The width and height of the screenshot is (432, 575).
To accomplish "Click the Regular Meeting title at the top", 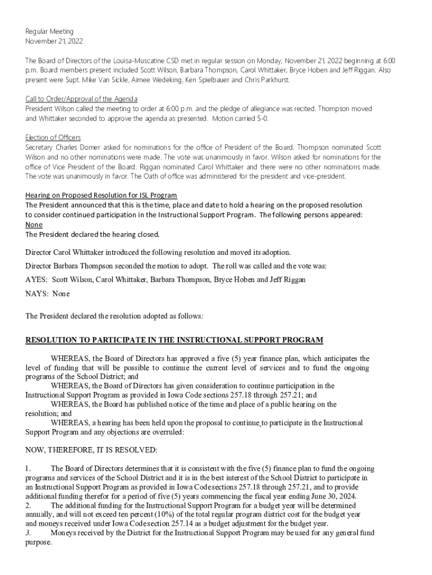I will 49,31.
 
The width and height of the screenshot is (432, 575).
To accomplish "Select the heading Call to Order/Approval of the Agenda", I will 81,99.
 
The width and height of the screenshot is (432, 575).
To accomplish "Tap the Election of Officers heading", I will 53,138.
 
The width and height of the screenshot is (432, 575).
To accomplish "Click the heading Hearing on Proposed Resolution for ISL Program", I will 101,195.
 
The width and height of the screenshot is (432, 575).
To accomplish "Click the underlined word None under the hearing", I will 34,224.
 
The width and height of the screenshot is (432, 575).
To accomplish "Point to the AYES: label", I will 36,279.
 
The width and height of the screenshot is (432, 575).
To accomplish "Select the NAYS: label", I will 37,293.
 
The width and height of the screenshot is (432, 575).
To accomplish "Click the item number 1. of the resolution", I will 29,468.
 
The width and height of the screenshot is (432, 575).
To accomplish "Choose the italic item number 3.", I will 29,532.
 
